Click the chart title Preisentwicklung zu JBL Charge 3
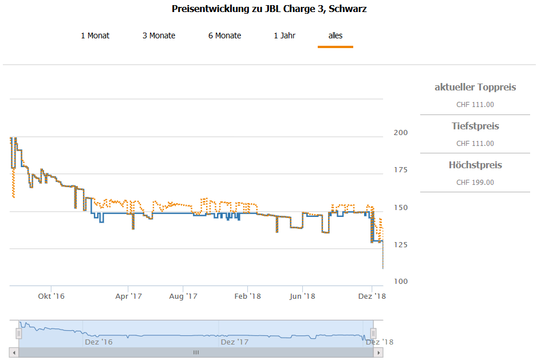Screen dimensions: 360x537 pyautogui.click(x=269, y=9)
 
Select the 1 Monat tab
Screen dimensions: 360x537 pyautogui.click(x=95, y=35)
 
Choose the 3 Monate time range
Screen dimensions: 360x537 pyautogui.click(x=159, y=35)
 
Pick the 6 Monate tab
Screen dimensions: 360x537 pyautogui.click(x=224, y=35)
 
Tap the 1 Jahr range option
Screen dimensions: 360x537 pyautogui.click(x=285, y=35)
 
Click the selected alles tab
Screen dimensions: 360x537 pyautogui.click(x=335, y=35)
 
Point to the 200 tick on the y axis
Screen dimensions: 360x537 pyautogui.click(x=400, y=133)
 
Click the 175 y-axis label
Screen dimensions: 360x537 pyautogui.click(x=400, y=170)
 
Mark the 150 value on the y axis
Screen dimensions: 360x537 pyautogui.click(x=400, y=207)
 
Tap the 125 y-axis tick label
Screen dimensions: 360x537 pyautogui.click(x=400, y=244)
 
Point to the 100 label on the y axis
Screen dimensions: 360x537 pyautogui.click(x=400, y=281)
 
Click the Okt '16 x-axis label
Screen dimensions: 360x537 pyautogui.click(x=51, y=296)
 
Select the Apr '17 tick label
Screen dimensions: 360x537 pyautogui.click(x=128, y=296)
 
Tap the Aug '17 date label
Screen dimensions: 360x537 pyautogui.click(x=183, y=296)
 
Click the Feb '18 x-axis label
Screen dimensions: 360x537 pyautogui.click(x=248, y=296)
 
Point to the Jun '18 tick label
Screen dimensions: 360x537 pyautogui.click(x=302, y=296)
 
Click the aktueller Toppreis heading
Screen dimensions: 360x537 pyautogui.click(x=475, y=88)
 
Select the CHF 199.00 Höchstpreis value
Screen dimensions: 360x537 pyautogui.click(x=475, y=183)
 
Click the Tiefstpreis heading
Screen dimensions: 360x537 pyautogui.click(x=475, y=126)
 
